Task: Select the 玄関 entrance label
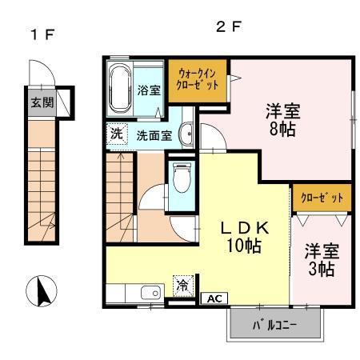click(41, 103)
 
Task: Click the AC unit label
click(213, 298)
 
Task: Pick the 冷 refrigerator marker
click(182, 284)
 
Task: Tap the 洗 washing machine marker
click(116, 134)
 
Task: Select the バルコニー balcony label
click(275, 326)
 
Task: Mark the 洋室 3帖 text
click(321, 258)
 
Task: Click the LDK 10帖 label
click(242, 237)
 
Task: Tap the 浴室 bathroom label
click(150, 89)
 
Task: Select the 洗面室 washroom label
click(153, 135)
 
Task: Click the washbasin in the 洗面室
click(185, 134)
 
